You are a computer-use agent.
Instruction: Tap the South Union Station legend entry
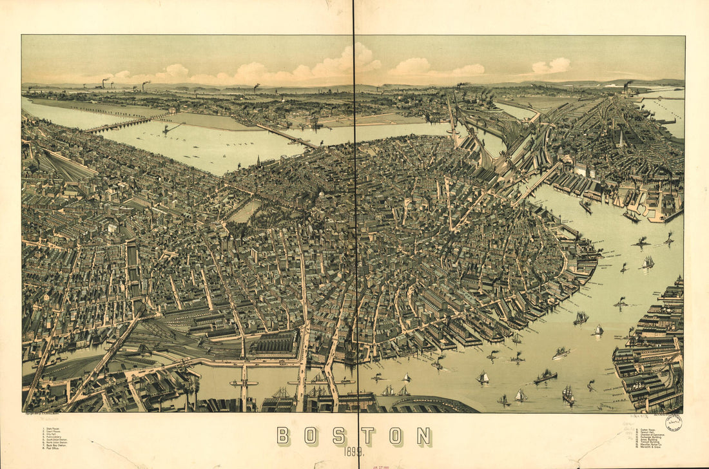coord(56,439)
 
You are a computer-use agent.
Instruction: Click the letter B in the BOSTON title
coord(283,436)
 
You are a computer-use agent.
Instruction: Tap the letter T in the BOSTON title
coord(367,436)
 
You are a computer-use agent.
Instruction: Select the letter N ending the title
coord(423,436)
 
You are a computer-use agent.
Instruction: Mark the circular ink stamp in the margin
coord(674,423)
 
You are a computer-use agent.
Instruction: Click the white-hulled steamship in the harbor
coord(561,352)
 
